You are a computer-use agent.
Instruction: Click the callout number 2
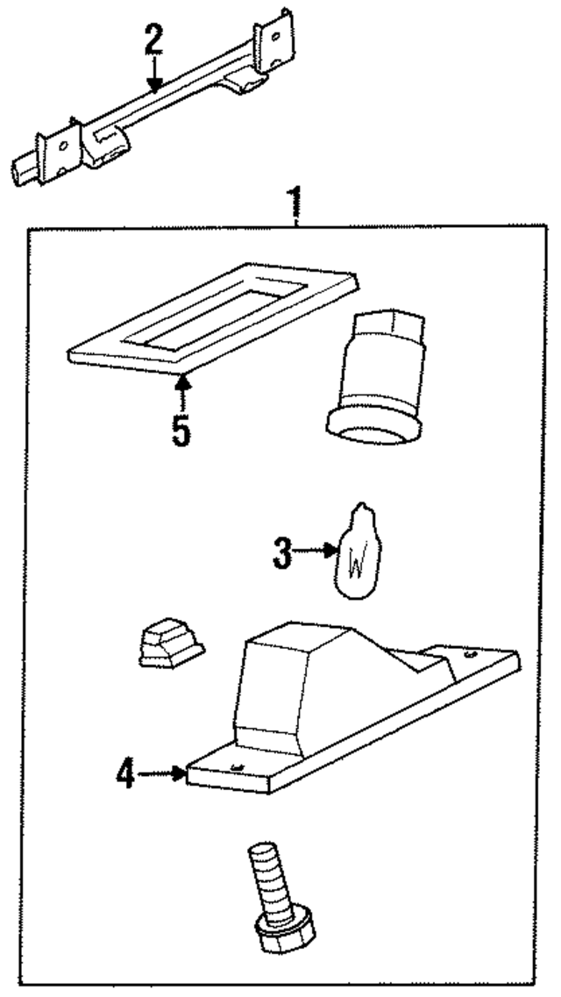153,39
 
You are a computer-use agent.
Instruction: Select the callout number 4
126,773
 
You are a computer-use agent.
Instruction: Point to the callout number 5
181,431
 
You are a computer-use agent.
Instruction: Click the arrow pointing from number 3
316,551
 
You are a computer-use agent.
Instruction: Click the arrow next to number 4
162,773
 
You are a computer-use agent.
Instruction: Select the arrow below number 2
153,73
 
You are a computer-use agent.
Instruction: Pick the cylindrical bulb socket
380,376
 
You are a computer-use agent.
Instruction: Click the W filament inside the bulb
357,562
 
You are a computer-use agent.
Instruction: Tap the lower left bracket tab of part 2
60,153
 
